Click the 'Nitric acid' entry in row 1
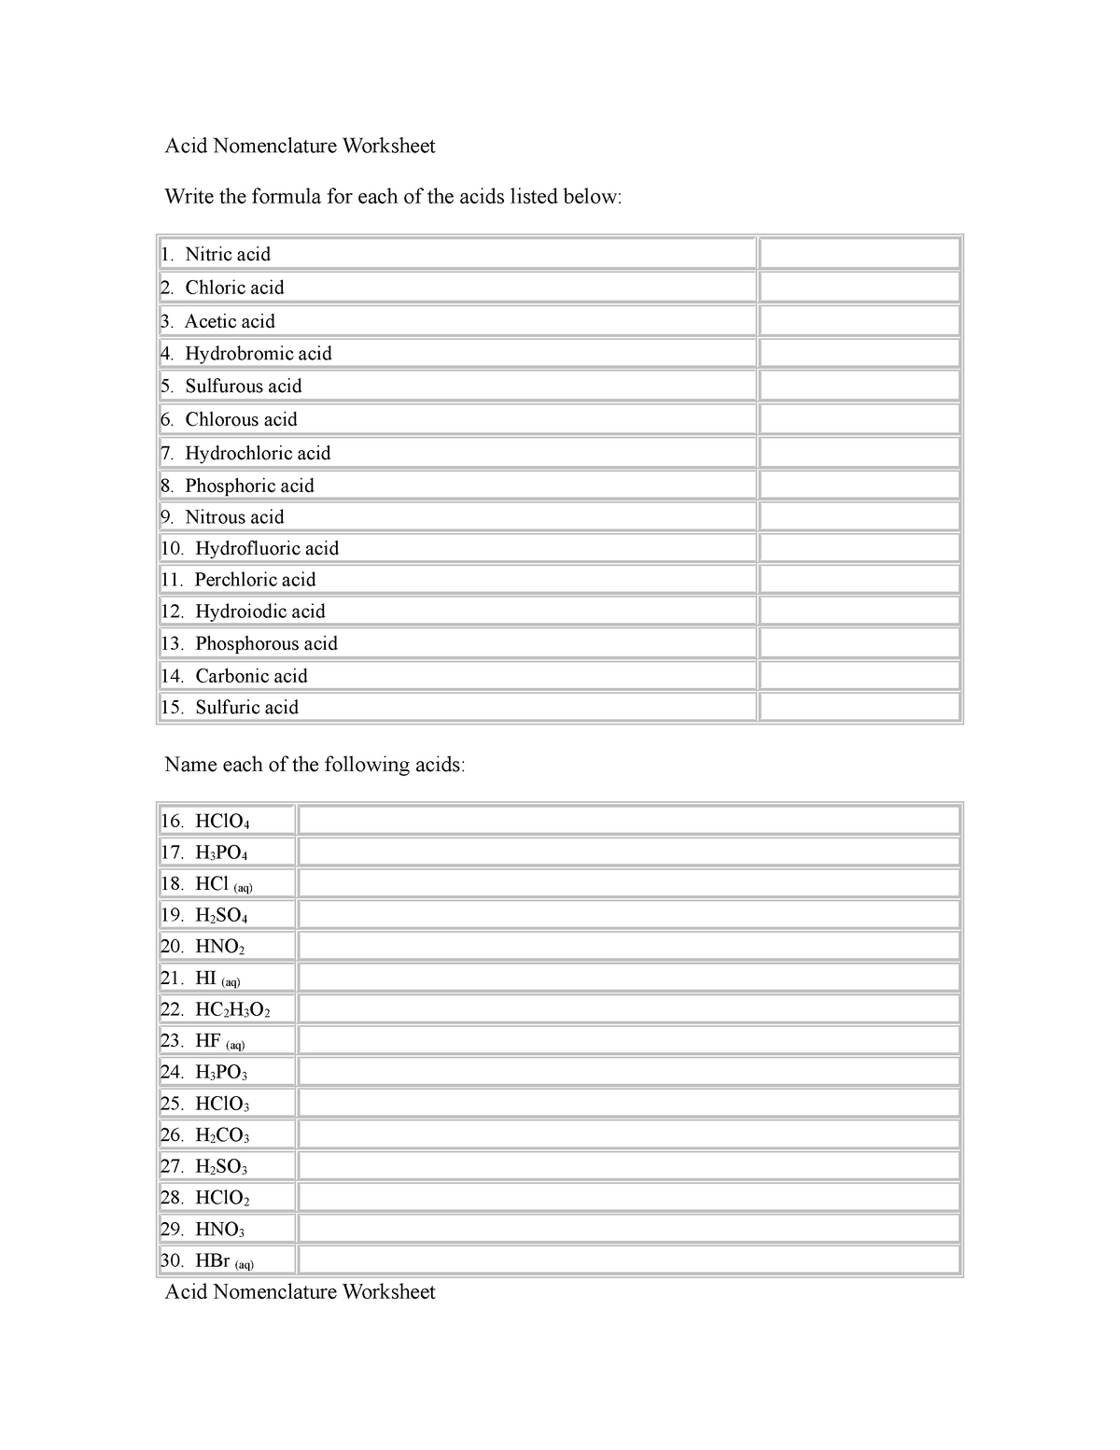pyautogui.click(x=228, y=254)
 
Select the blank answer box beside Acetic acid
pyautogui.click(x=860, y=321)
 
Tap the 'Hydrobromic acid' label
pyautogui.click(x=259, y=354)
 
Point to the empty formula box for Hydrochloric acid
pyautogui.click(x=860, y=453)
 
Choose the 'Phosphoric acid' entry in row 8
pyautogui.click(x=249, y=486)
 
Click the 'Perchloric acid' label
pyautogui.click(x=255, y=580)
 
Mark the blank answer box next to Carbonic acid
pyautogui.click(x=860, y=675)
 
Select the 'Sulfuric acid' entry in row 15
pyautogui.click(x=246, y=708)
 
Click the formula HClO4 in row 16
pyautogui.click(x=222, y=822)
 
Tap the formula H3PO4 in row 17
pyautogui.click(x=221, y=852)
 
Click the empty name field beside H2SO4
pyautogui.click(x=628, y=914)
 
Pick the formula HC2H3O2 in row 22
pyautogui.click(x=232, y=1009)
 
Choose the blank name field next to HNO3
pyautogui.click(x=628, y=1229)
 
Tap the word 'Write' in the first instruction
pyautogui.click(x=189, y=197)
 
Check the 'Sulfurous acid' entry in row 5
pyautogui.click(x=244, y=387)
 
